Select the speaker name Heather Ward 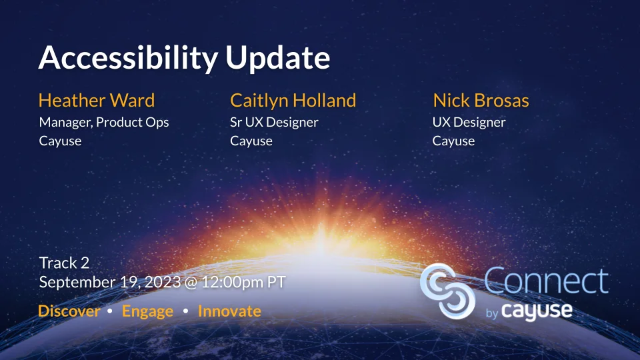click(x=97, y=101)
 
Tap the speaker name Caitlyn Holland click(x=293, y=101)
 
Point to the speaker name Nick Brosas click(x=481, y=101)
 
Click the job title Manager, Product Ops click(x=104, y=123)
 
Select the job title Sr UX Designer click(x=274, y=123)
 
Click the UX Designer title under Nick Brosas click(x=469, y=123)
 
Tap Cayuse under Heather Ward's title click(x=60, y=141)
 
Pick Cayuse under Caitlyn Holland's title click(x=251, y=141)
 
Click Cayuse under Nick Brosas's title click(x=453, y=141)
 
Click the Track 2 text click(x=64, y=263)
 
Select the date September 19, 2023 click(x=109, y=282)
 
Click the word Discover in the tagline click(x=69, y=311)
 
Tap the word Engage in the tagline click(x=147, y=311)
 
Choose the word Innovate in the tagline click(x=229, y=311)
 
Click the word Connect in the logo click(x=546, y=282)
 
